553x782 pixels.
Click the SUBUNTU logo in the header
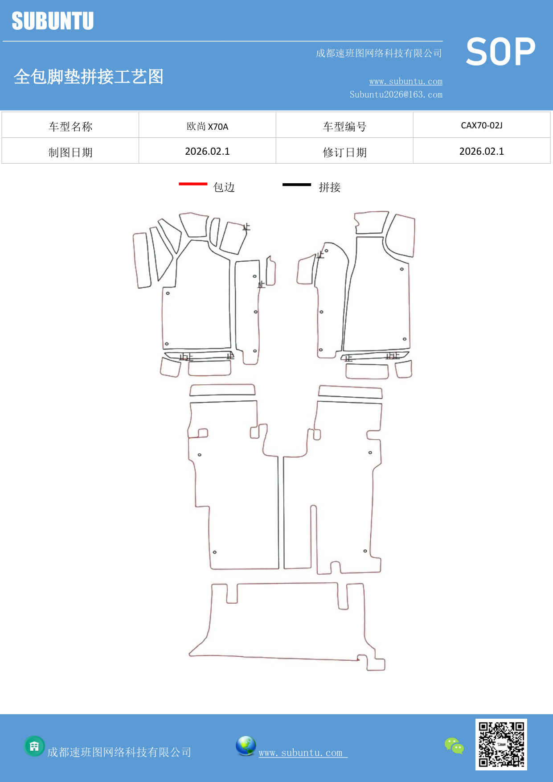click(x=53, y=21)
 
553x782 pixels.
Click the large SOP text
click(x=500, y=52)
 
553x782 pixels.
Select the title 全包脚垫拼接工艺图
click(x=89, y=77)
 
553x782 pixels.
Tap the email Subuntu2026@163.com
click(x=396, y=95)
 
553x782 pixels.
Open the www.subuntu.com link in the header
click(x=406, y=82)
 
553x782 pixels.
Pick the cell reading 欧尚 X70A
click(x=207, y=126)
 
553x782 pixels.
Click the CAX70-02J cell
click(x=481, y=125)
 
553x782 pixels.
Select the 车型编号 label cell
click(x=344, y=127)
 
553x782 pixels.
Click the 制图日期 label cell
click(x=70, y=152)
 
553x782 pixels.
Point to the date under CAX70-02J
click(x=481, y=152)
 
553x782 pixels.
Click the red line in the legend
click(x=193, y=184)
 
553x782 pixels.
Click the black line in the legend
click(x=296, y=184)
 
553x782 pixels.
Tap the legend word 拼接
click(x=330, y=187)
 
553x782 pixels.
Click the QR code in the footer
click(x=501, y=744)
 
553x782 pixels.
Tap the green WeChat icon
click(x=454, y=746)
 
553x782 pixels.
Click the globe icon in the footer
click(x=246, y=746)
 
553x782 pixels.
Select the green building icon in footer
click(x=34, y=746)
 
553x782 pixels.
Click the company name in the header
click(x=379, y=54)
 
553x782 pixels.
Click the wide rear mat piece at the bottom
click(x=285, y=624)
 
